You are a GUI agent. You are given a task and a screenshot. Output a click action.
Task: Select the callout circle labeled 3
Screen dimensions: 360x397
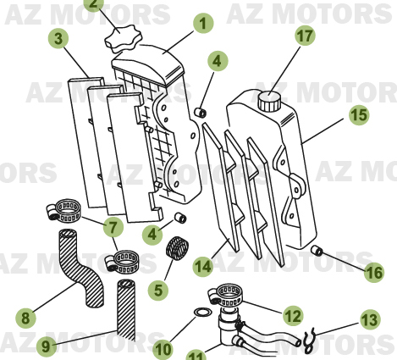58,38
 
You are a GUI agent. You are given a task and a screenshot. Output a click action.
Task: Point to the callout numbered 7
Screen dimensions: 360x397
113,226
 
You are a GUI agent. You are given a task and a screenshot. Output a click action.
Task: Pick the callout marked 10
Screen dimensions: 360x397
163,347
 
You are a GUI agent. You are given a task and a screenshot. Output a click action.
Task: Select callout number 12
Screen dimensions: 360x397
293,316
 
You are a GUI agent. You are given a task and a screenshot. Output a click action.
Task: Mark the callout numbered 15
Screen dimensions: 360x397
358,114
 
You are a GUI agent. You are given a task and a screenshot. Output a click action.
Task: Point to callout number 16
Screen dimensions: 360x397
372,273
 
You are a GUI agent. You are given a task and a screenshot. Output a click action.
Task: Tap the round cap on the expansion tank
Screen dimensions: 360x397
270,99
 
